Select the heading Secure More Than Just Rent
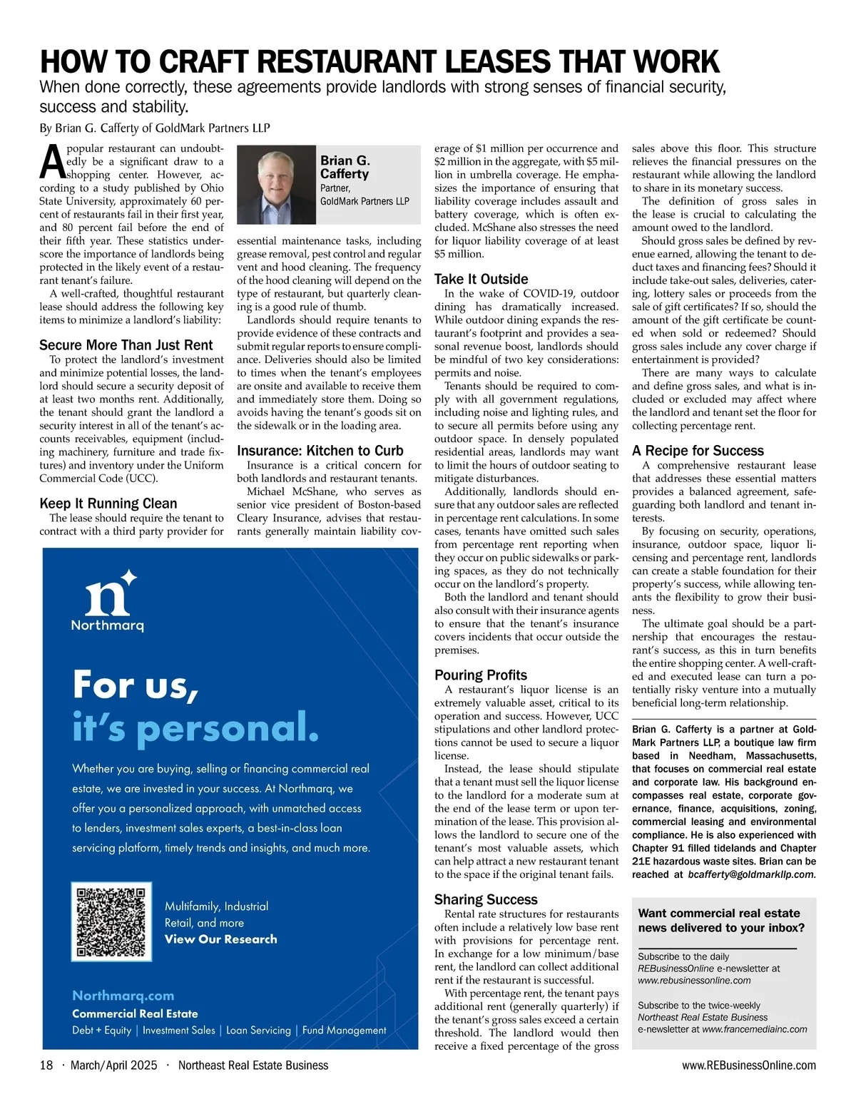[126, 345]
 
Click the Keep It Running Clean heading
[108, 504]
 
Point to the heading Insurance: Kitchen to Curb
[320, 451]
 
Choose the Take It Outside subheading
[481, 279]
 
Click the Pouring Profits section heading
[481, 675]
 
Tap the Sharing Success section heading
[486, 899]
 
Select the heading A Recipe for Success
[698, 451]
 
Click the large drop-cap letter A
[52, 162]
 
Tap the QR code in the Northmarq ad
[111, 922]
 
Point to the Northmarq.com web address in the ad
[123, 996]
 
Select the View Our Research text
[221, 939]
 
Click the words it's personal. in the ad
[195, 727]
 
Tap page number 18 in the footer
[46, 1065]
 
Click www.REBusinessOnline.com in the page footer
[749, 1065]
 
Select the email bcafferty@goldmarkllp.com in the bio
[751, 874]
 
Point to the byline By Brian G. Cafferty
[155, 128]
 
